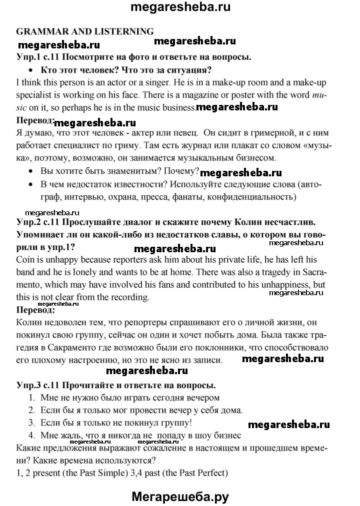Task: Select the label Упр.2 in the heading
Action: (30, 222)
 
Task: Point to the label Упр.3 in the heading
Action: (30, 385)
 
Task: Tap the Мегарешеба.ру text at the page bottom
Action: (180, 496)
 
